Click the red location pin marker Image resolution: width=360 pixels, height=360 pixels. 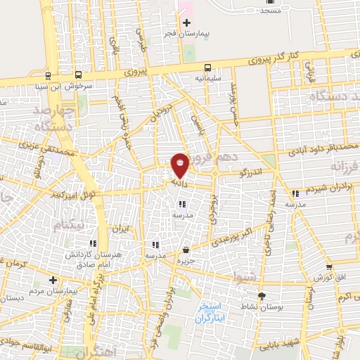tap(181, 165)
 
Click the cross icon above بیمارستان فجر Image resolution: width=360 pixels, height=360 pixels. tap(186, 23)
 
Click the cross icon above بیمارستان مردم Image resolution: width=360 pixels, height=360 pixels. tap(52, 280)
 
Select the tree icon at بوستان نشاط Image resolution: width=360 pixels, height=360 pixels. tap(262, 296)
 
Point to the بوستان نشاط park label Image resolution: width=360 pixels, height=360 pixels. tap(262, 307)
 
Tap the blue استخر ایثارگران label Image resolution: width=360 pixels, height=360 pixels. tap(210, 313)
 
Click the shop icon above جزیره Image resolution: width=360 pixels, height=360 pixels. tap(186, 250)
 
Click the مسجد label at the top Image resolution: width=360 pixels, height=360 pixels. tap(270, 11)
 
